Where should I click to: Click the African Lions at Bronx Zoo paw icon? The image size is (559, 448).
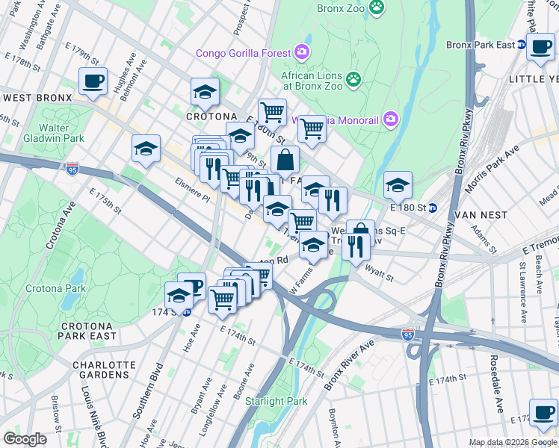(353, 78)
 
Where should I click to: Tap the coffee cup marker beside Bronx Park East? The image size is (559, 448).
(540, 48)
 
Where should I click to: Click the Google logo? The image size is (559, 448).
(25, 439)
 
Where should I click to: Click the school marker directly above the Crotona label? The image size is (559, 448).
(205, 93)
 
